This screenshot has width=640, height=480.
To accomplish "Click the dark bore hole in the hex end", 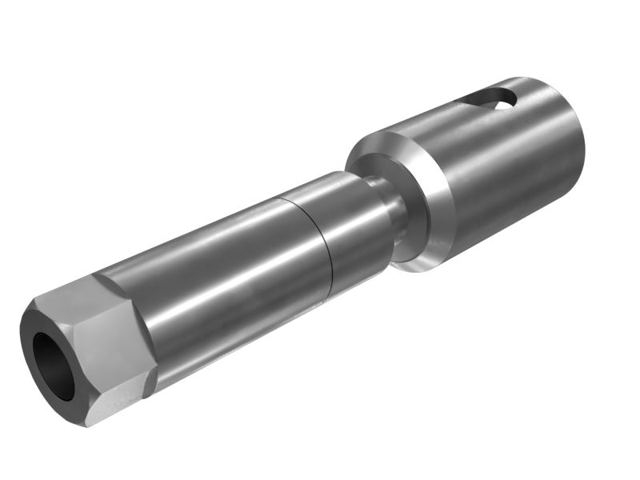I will click(x=53, y=365).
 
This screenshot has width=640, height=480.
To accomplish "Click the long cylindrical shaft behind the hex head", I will click(x=216, y=272).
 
